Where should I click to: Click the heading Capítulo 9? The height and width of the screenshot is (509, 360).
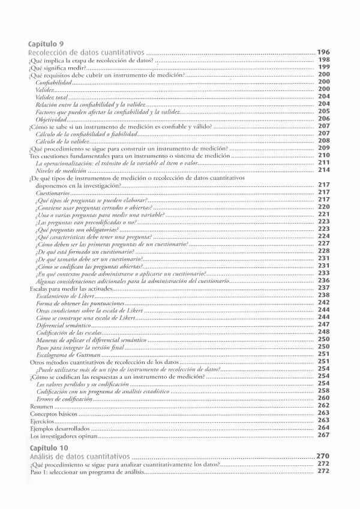click(46, 44)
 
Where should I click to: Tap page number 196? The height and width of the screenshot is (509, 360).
click(323, 52)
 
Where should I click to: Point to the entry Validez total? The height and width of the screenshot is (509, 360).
click(52, 97)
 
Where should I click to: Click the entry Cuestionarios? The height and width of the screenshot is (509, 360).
click(52, 192)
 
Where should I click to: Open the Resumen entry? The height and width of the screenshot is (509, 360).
click(41, 406)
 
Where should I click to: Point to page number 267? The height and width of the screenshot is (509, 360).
click(323, 436)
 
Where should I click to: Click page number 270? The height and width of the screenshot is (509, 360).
click(323, 456)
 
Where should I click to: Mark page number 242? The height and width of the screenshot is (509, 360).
click(323, 303)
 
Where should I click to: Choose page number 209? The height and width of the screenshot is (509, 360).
click(323, 148)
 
